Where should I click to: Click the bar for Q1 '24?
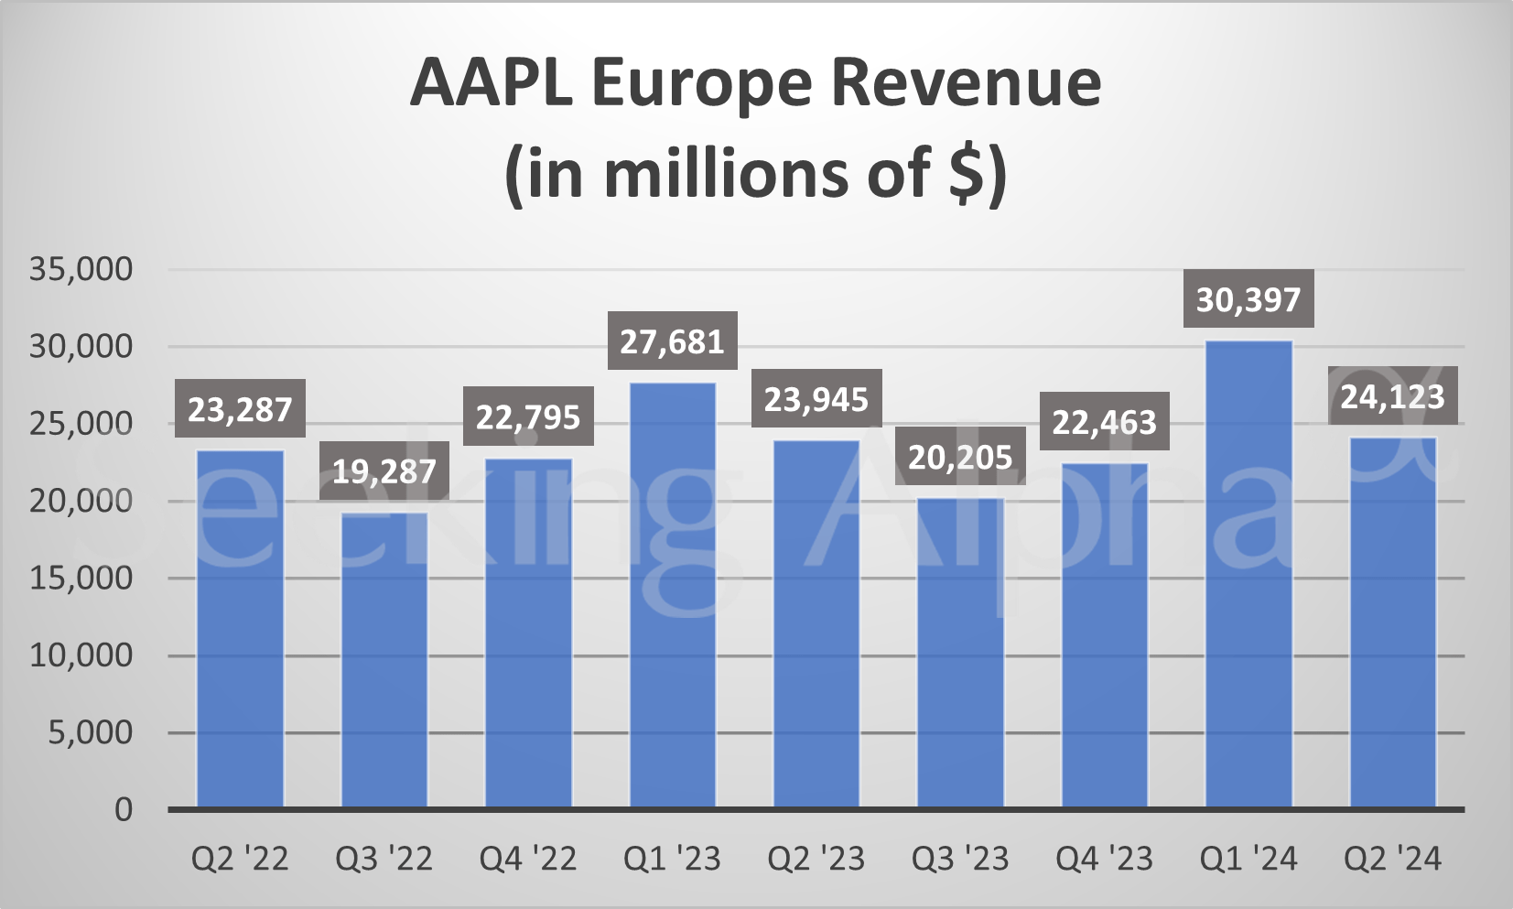click(1248, 575)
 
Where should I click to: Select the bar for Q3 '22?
click(384, 660)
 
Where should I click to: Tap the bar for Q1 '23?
click(673, 596)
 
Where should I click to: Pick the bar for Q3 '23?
click(960, 653)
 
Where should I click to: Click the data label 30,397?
click(1248, 299)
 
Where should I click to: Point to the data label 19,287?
click(384, 471)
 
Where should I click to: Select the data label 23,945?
click(816, 399)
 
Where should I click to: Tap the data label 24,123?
click(1392, 396)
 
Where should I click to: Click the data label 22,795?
click(528, 417)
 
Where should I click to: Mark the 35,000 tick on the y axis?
click(81, 269)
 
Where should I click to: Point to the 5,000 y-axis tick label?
click(91, 732)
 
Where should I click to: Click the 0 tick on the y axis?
click(124, 809)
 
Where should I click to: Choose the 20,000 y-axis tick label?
click(81, 501)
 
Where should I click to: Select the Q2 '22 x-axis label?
click(240, 859)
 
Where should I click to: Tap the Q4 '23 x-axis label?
click(1104, 859)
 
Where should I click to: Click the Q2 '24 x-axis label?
click(1392, 859)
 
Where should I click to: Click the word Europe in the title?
click(701, 84)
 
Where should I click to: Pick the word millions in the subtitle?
click(729, 172)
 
